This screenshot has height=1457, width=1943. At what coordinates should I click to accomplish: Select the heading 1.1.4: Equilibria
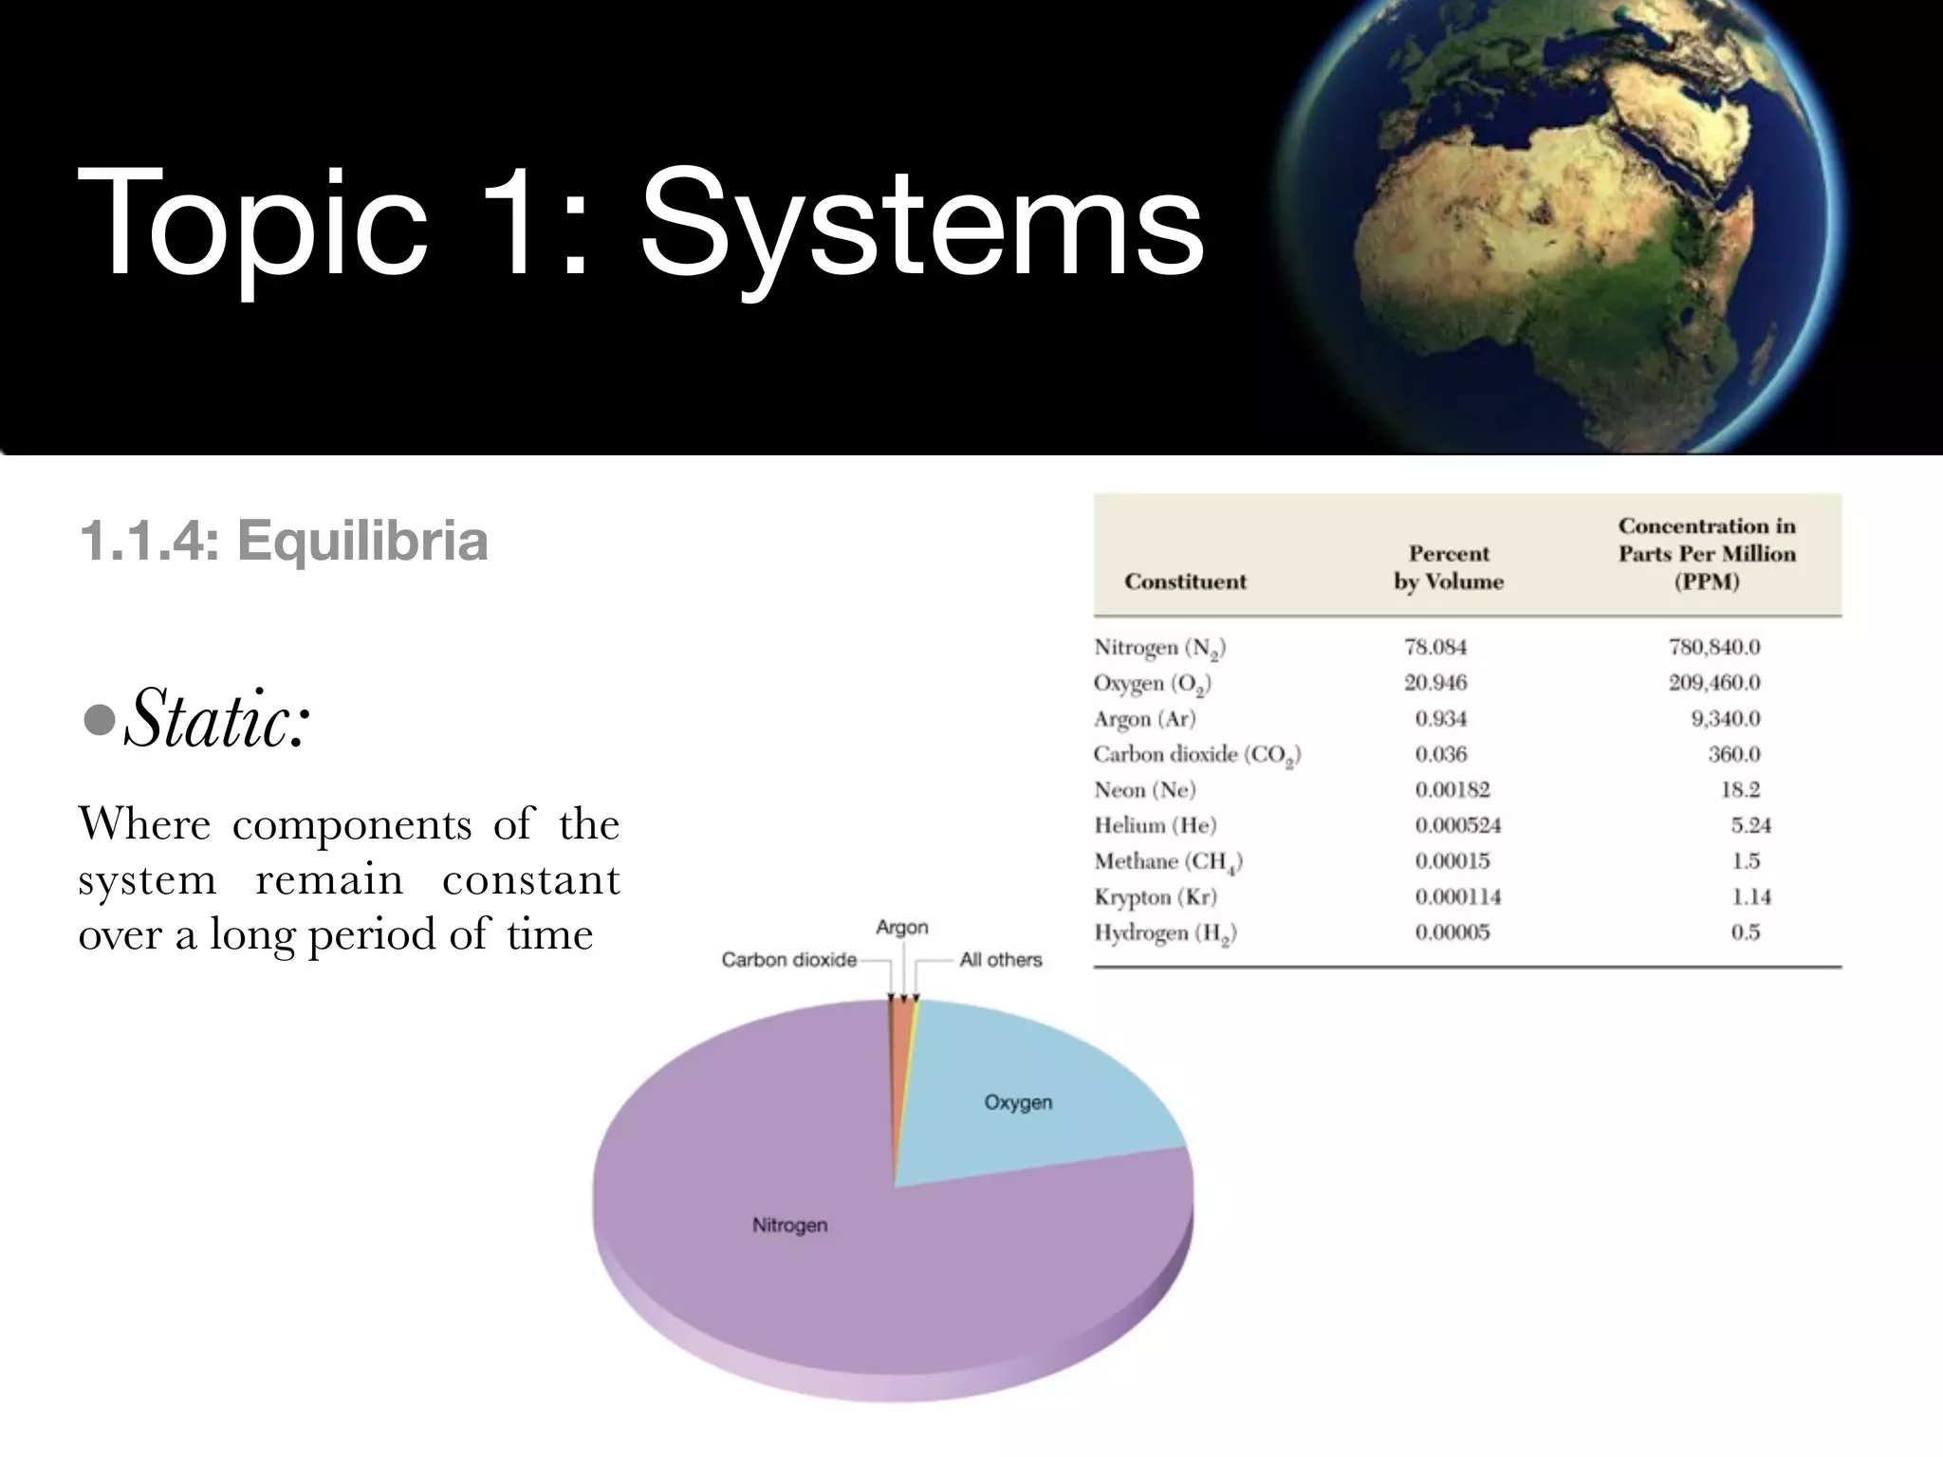point(284,542)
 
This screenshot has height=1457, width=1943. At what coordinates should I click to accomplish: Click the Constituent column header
point(1185,581)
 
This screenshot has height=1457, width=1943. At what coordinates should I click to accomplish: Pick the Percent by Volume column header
point(1449,567)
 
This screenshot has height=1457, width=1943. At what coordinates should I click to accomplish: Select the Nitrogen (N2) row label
point(1159,648)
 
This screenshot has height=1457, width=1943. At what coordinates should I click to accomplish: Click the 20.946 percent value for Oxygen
point(1435,683)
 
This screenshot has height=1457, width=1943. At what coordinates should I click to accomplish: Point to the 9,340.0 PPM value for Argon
point(1725,719)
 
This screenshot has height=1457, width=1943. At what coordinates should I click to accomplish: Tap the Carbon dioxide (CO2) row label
point(1196,755)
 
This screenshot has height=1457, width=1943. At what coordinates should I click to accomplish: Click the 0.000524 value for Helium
point(1458,825)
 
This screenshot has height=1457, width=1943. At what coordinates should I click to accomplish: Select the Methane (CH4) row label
point(1168,861)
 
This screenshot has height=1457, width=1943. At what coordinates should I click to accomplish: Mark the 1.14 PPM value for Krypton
point(1750,896)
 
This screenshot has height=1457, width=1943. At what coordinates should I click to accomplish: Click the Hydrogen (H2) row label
point(1165,933)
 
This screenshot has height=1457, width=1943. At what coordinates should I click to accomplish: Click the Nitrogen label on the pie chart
point(789,1226)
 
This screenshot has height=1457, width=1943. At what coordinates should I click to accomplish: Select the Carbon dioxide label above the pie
point(788,960)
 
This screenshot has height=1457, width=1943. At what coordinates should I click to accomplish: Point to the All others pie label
point(1000,960)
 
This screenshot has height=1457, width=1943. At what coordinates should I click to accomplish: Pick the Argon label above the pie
point(901,928)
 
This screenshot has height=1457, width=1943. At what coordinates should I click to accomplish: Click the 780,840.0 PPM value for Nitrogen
point(1713,648)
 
